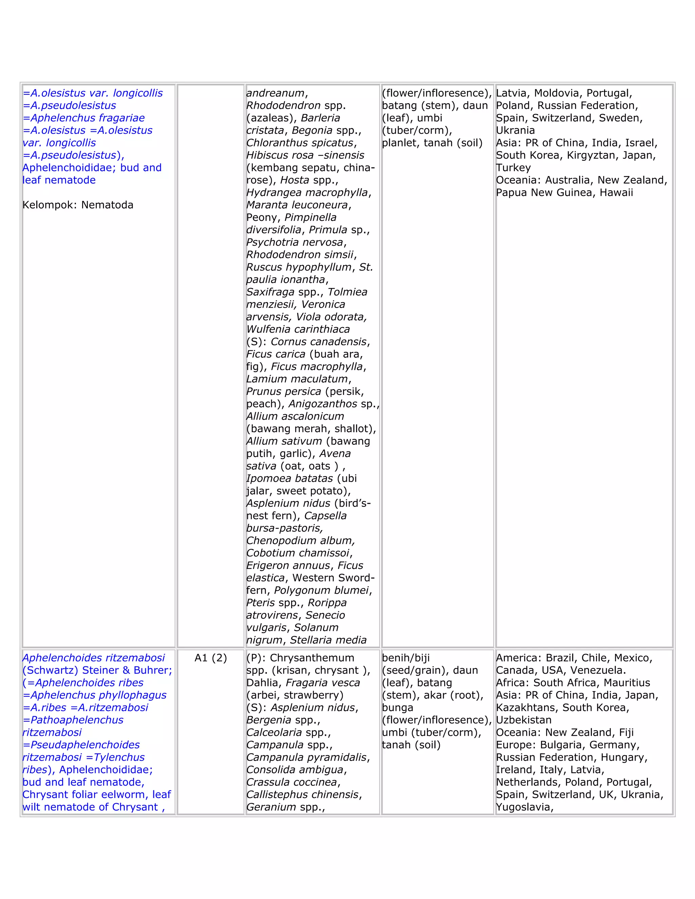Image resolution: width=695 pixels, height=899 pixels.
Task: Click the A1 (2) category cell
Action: [x=210, y=658]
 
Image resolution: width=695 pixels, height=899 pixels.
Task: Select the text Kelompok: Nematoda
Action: [x=78, y=205]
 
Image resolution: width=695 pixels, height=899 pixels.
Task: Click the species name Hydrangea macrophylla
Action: [x=308, y=193]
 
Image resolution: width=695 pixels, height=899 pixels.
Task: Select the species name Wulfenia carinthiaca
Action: [x=298, y=329]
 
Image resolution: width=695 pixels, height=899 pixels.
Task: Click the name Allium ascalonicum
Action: [x=295, y=416]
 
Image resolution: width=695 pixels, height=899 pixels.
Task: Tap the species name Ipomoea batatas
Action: [x=289, y=478]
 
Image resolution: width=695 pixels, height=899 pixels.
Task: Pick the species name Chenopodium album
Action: [x=300, y=540]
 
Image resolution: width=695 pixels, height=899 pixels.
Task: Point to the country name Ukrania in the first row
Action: [x=515, y=131]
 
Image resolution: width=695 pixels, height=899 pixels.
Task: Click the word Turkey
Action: [x=513, y=168]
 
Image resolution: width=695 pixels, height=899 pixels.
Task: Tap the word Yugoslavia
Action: [x=524, y=807]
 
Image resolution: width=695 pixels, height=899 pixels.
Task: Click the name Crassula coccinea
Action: [x=292, y=782]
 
